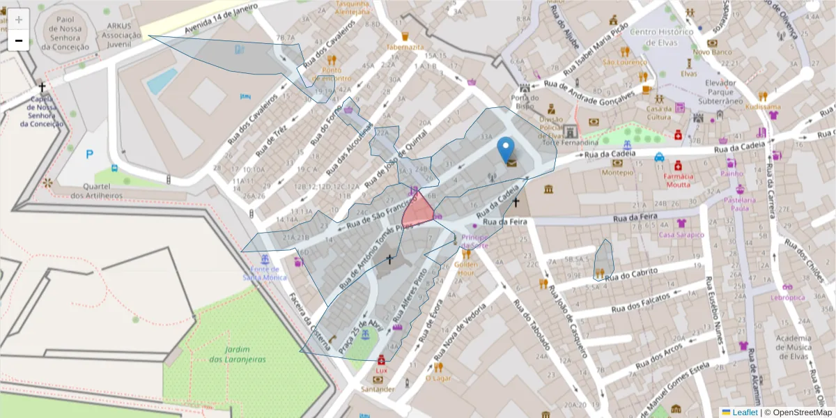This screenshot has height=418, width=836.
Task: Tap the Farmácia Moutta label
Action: (678, 180)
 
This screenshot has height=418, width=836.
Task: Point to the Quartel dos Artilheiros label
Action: (97, 191)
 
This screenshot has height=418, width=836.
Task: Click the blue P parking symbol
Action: (89, 154)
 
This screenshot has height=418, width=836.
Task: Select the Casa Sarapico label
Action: (681, 235)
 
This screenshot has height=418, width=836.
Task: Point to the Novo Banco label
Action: (711, 52)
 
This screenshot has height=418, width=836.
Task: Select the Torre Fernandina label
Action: (571, 143)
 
